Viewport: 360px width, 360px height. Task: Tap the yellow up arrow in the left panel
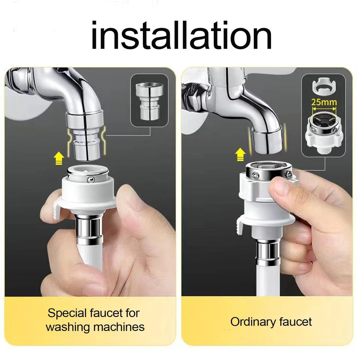59,158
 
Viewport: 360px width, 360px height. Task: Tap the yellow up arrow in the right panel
240,154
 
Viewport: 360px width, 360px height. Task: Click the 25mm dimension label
324,102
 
